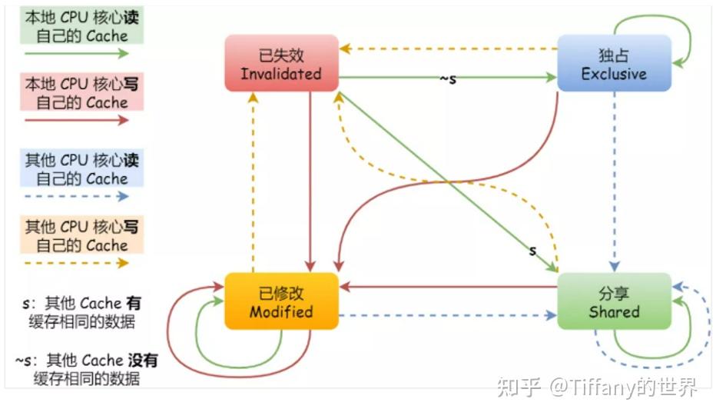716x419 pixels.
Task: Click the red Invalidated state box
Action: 281,64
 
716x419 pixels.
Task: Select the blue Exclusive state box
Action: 614,64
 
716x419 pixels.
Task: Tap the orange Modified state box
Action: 281,301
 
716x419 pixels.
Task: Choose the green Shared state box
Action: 614,301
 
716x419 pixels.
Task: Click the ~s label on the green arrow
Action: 447,78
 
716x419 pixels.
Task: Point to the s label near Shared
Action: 532,251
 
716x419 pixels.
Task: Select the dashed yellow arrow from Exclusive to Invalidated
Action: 449,49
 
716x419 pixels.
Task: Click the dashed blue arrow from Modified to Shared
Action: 447,315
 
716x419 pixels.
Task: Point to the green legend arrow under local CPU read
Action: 76,54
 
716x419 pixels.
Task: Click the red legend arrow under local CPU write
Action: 76,121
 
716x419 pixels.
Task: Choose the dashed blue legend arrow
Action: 76,196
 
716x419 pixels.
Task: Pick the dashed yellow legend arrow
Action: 76,263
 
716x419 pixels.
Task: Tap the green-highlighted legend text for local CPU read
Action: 76,26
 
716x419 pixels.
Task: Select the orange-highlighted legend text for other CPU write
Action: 76,236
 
